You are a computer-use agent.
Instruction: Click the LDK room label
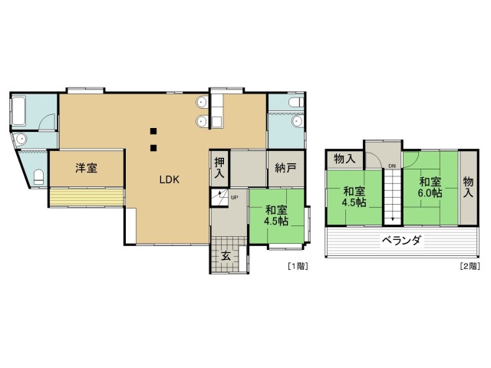point(169,179)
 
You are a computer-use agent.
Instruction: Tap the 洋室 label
point(87,168)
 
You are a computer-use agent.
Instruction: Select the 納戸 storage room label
point(285,168)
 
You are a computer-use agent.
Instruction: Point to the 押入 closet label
point(219,168)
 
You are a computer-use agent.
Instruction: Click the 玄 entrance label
point(226,256)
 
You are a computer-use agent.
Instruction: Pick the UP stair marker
point(234,198)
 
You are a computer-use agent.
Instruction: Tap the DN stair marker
point(392,166)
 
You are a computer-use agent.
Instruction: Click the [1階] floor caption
point(298,266)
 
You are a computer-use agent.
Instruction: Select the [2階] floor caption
point(470,266)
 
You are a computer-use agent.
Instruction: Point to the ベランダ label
point(402,241)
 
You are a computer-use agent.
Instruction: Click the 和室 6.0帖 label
point(430,187)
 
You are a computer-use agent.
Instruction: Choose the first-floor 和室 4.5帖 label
point(276,215)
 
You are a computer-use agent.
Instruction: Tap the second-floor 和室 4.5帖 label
point(354,196)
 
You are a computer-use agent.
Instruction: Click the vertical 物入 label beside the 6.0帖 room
point(469,187)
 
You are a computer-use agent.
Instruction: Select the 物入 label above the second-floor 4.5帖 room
point(344,159)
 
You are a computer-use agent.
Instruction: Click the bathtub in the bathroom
point(18,111)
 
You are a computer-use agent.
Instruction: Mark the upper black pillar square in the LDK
point(153,131)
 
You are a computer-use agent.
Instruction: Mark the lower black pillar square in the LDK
point(153,148)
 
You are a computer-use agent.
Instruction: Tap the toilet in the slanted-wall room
point(39,177)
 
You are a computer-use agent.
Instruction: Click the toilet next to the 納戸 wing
point(296,102)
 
